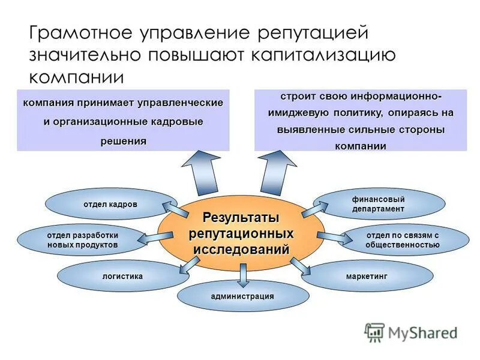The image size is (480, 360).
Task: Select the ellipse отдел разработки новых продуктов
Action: (x=82, y=240)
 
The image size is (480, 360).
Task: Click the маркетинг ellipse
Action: (x=367, y=277)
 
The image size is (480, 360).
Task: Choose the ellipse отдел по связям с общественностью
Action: (x=403, y=240)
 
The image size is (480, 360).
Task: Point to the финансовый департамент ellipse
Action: (x=378, y=204)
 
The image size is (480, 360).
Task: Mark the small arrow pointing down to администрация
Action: (x=242, y=274)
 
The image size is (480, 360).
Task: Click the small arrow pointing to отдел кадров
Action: (x=176, y=208)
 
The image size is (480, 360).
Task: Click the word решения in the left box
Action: (x=123, y=140)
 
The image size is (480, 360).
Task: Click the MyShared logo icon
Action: (x=374, y=332)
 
